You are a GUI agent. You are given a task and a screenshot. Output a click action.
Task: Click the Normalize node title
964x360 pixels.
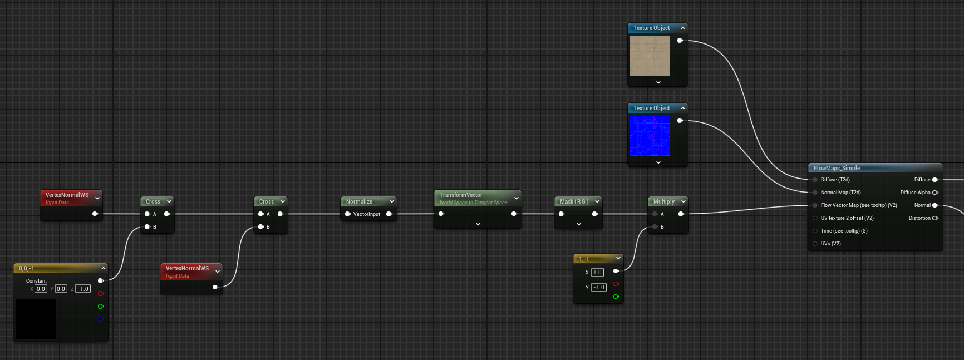pos(359,201)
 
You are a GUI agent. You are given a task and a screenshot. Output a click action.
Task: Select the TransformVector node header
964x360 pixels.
pos(478,198)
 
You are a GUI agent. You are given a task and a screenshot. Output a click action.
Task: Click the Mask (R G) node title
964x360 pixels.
pos(574,201)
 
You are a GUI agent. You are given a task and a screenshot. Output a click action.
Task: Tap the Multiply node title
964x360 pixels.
pos(663,201)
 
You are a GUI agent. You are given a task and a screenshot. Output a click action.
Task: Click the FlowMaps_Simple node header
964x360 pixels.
pos(875,168)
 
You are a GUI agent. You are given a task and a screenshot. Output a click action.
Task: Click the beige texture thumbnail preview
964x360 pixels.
pos(650,56)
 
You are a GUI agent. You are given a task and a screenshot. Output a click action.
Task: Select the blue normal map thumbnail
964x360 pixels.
pos(650,136)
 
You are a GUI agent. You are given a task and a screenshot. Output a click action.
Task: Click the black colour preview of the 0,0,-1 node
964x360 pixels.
pos(36,319)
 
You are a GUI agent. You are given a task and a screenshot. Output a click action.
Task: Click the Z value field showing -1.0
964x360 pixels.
pos(83,289)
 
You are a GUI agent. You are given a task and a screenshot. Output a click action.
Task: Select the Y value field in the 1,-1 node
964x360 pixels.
pos(598,287)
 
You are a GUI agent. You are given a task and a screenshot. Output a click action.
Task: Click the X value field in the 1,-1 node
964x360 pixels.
pos(597,272)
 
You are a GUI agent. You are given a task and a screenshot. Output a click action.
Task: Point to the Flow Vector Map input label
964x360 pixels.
pos(859,205)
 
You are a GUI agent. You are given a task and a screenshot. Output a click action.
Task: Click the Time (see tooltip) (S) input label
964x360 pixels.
pos(844,231)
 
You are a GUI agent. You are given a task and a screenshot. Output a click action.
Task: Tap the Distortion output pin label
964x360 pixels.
pos(919,218)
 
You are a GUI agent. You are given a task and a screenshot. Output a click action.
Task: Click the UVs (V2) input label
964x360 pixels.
pos(830,244)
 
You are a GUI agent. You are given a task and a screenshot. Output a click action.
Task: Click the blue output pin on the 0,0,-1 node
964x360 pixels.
pos(101,319)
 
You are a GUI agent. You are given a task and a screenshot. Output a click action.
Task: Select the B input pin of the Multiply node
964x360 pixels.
pos(655,227)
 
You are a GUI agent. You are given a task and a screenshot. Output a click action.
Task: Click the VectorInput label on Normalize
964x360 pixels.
pos(367,214)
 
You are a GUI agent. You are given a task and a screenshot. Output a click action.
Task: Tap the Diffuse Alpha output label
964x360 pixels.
pos(915,193)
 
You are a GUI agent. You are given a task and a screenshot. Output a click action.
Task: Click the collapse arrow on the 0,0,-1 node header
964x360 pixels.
pos(103,268)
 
